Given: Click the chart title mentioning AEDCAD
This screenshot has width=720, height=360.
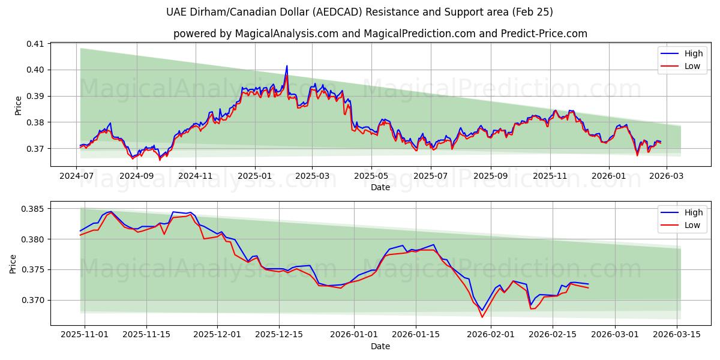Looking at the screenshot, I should tap(360, 12).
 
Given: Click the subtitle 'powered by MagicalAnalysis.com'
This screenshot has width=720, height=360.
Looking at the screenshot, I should tap(380, 34).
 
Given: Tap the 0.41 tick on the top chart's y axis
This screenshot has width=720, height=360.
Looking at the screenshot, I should tap(35, 44).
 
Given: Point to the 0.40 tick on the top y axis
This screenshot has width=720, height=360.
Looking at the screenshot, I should tap(35, 70).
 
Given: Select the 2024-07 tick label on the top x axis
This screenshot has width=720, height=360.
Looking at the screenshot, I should tap(77, 176).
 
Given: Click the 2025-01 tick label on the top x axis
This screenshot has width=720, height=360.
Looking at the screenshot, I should tap(255, 176).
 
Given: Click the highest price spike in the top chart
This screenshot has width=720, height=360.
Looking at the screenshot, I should tap(287, 66).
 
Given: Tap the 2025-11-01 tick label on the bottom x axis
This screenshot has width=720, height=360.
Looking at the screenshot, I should tap(85, 335).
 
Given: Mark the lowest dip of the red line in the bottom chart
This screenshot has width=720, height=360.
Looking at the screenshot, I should tap(482, 317).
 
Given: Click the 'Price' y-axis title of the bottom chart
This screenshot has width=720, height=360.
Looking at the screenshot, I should tap(13, 263).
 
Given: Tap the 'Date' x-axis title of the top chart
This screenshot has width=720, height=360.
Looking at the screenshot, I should tap(380, 187).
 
